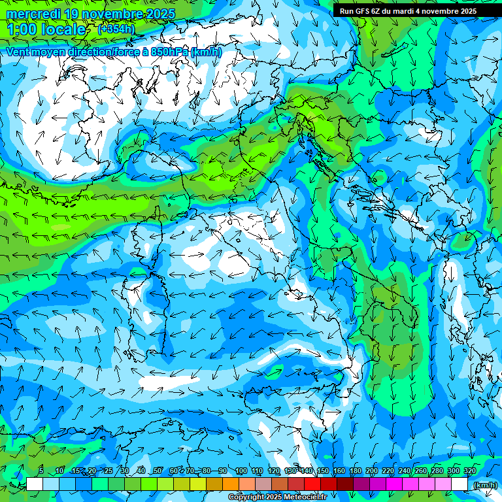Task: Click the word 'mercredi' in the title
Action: point(33,14)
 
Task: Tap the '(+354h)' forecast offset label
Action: point(116,29)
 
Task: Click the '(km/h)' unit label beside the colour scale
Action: point(484,485)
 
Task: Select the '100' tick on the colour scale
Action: point(241,471)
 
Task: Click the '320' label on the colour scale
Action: point(469,471)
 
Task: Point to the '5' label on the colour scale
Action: point(41,471)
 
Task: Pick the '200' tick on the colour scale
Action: point(371,471)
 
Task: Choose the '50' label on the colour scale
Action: point(158,471)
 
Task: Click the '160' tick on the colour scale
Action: point(339,471)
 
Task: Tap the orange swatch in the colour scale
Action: point(231,484)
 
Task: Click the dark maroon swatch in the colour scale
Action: point(345,484)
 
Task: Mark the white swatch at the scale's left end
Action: point(35,484)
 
